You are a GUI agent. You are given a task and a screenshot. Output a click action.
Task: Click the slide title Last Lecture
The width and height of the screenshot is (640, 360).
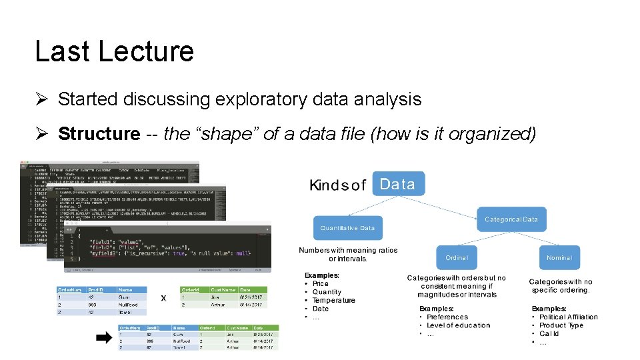tap(114, 51)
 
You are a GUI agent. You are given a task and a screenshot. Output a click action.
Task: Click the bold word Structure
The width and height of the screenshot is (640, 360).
tap(99, 134)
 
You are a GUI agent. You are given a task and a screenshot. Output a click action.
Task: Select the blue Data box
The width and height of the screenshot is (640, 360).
tap(399, 185)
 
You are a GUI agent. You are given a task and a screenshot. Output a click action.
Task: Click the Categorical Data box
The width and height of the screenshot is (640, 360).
tap(511, 219)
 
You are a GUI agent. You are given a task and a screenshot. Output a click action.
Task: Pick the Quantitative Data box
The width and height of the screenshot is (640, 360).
tap(347, 228)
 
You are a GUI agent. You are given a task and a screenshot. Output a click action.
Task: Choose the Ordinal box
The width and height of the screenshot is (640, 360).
tap(457, 257)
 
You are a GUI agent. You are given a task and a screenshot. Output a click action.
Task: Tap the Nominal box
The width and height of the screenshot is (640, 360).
tap(559, 257)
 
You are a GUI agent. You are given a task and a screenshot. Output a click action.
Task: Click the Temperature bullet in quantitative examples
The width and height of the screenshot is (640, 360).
tap(334, 300)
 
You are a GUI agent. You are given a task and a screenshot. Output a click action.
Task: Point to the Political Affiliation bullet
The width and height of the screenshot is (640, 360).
tap(569, 317)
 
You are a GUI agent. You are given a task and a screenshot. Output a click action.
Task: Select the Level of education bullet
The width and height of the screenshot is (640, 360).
tap(458, 325)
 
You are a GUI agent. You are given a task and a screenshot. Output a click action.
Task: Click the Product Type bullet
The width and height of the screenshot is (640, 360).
tap(561, 325)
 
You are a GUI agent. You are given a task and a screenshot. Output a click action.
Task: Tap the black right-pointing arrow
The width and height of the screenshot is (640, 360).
tap(104, 338)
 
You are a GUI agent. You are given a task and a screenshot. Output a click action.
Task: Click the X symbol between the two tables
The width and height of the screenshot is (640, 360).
tap(163, 299)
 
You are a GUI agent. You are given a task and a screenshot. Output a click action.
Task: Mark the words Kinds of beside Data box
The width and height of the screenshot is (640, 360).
tap(337, 185)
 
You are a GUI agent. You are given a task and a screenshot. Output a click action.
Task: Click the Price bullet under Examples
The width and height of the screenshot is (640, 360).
tap(321, 283)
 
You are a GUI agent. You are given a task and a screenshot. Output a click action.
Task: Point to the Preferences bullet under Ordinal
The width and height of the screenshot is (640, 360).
tap(447, 317)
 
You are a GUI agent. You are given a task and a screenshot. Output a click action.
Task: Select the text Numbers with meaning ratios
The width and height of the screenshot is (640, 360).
tap(348, 251)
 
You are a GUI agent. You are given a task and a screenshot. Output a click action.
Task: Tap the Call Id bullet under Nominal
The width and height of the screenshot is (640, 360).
tap(549, 334)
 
